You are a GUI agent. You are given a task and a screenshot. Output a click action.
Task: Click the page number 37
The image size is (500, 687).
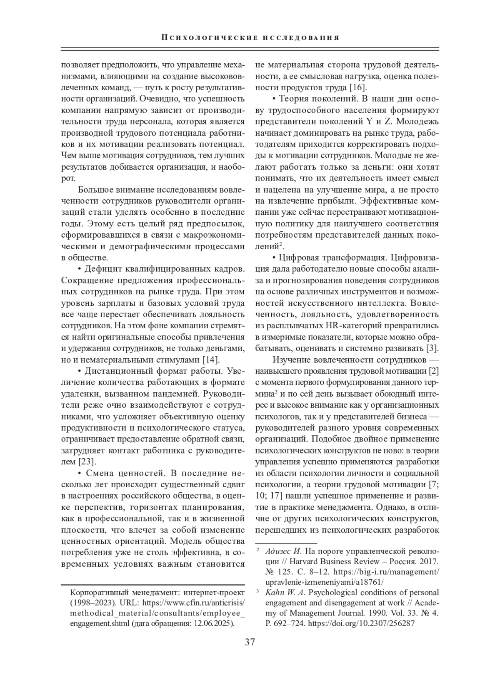250,642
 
